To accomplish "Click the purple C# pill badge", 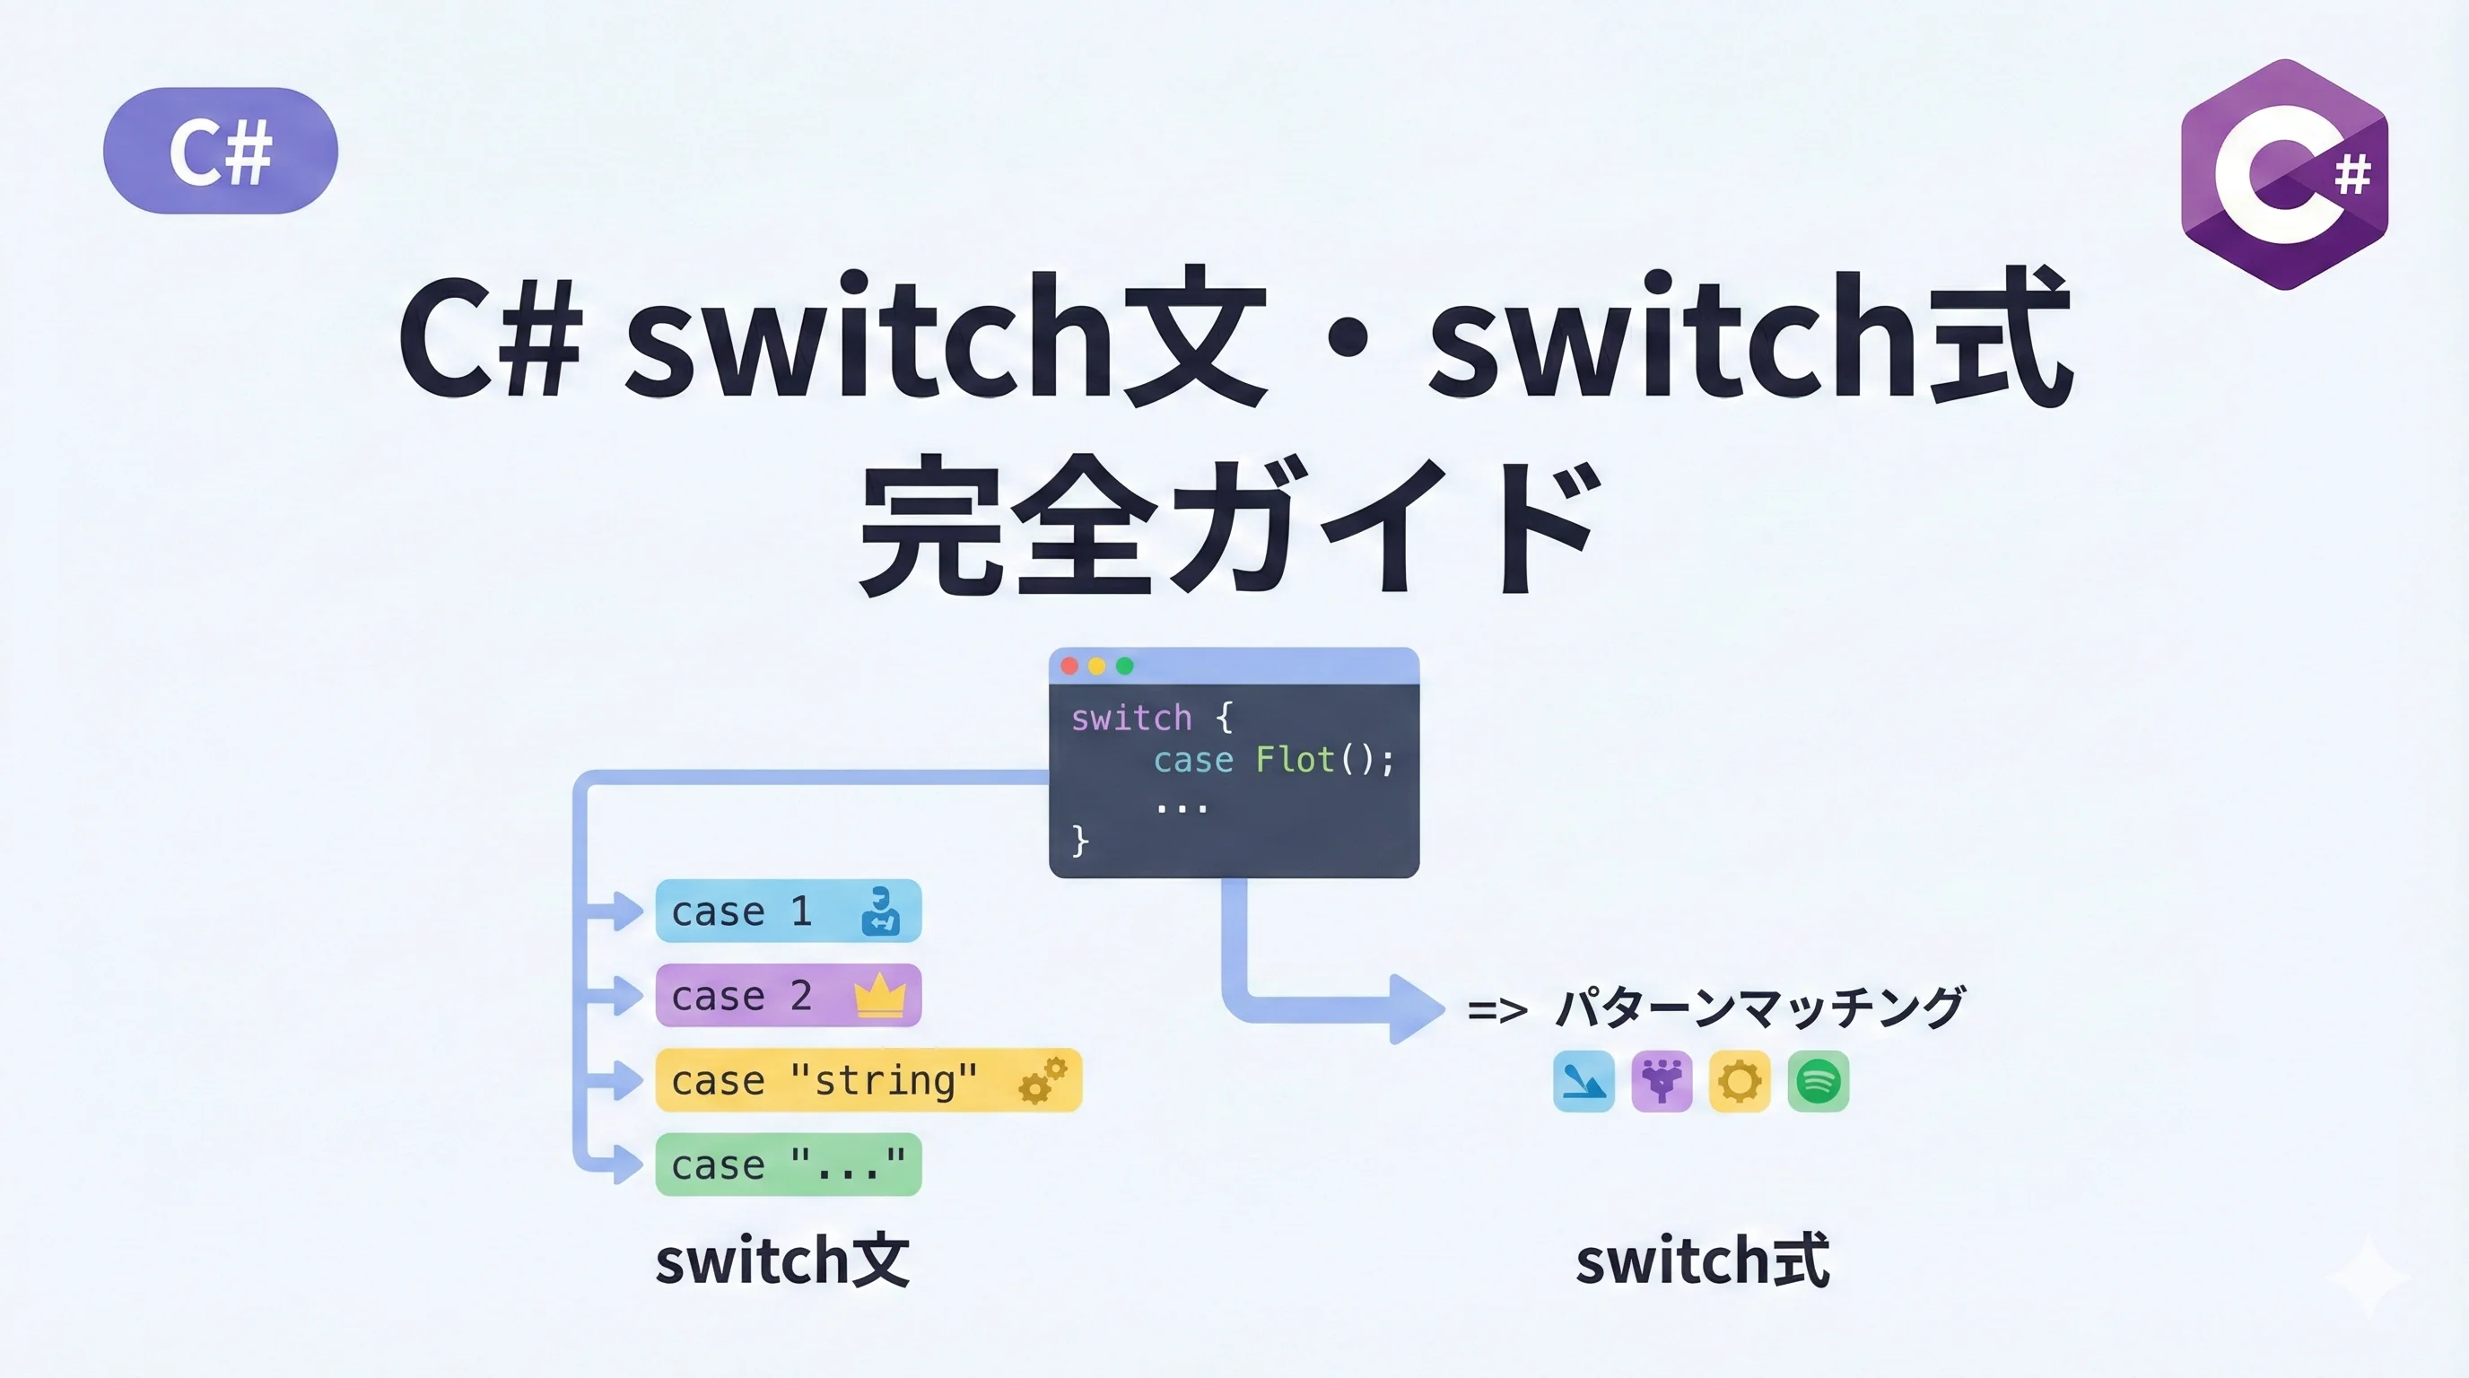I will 221,151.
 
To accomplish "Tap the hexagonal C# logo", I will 2284,174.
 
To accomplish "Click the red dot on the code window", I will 1069,666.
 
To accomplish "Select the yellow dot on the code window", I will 1096,666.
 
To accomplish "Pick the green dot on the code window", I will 1124,666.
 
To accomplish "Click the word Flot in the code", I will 1295,760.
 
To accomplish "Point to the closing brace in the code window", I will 1080,841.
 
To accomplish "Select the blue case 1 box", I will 788,911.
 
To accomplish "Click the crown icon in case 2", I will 880,995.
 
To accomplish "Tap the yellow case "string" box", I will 868,1080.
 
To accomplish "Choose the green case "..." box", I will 788,1164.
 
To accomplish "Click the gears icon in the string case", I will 1042,1080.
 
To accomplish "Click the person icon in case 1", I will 880,911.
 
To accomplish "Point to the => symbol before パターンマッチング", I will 1497,1010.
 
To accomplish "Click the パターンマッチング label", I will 1758,1008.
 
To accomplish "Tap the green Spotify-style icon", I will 1819,1082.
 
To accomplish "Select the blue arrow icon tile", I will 1583,1082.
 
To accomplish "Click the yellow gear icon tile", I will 1740,1082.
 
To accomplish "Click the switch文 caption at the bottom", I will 782,1260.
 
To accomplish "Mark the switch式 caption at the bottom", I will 1703,1260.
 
